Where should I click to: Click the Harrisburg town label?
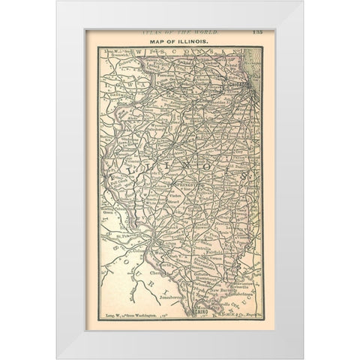coord(212,279)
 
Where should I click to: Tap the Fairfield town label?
coord(224,253)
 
